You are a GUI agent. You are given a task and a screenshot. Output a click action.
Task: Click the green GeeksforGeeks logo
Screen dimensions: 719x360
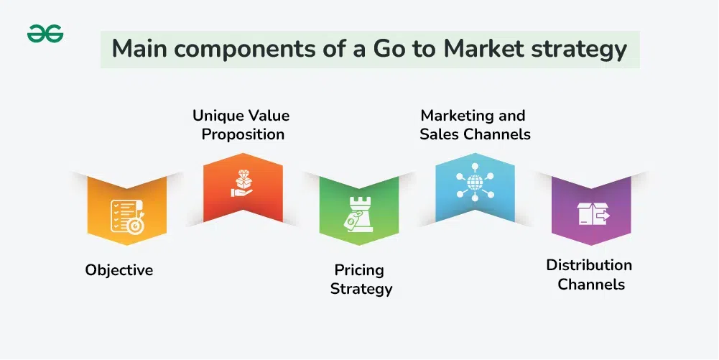pos(45,34)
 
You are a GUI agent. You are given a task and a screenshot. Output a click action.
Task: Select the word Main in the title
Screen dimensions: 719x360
pos(138,48)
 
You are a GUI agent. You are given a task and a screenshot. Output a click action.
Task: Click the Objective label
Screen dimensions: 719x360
pos(119,270)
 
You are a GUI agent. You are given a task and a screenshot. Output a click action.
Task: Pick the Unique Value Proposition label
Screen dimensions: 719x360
pos(241,125)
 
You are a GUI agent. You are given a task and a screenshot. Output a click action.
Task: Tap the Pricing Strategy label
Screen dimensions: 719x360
pos(361,280)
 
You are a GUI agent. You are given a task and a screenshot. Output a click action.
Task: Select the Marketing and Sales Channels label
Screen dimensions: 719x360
pos(475,125)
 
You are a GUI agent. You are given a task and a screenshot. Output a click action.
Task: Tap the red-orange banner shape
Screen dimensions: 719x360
pos(243,188)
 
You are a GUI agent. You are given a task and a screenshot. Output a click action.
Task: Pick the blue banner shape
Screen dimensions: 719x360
pos(475,188)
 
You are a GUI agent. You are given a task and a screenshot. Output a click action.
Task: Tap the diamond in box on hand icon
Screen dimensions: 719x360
pos(243,183)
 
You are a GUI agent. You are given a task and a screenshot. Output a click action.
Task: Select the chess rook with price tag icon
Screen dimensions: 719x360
pos(358,214)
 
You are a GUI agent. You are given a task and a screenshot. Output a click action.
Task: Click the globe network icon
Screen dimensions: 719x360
pos(475,182)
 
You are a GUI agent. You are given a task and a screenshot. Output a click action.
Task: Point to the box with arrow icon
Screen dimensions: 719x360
pos(593,213)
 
